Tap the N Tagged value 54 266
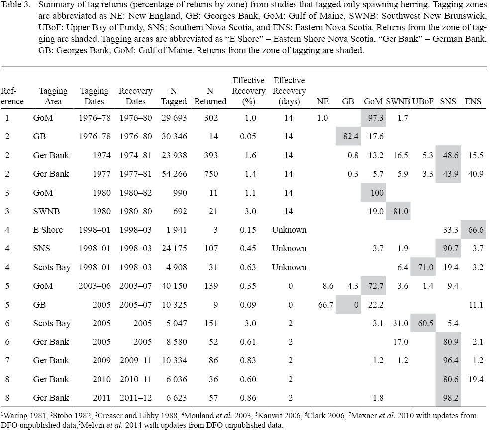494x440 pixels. pos(174,174)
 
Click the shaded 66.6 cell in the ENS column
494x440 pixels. pos(473,230)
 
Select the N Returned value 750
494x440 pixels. pos(216,174)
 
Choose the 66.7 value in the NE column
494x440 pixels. pos(322,305)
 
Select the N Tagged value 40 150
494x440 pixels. pos(174,286)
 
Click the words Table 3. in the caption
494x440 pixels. pos(15,6)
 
